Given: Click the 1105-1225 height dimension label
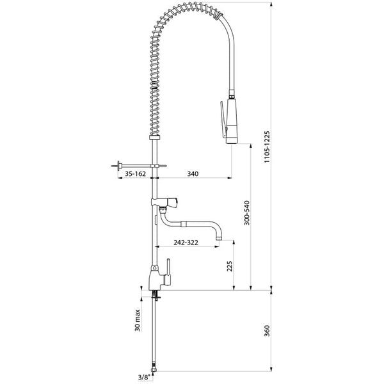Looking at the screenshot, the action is point(267,147).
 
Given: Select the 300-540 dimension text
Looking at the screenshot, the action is point(247,213).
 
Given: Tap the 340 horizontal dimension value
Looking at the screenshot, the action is point(193,174).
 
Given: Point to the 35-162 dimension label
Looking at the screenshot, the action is point(135,174).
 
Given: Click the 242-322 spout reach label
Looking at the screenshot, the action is point(186,243).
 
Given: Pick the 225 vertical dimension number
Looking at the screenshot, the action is point(230,266).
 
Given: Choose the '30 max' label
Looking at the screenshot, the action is point(138,321).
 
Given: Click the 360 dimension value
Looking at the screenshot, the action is point(267,331).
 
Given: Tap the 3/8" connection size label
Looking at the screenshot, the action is point(144,378).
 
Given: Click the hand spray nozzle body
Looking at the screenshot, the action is point(232,121).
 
